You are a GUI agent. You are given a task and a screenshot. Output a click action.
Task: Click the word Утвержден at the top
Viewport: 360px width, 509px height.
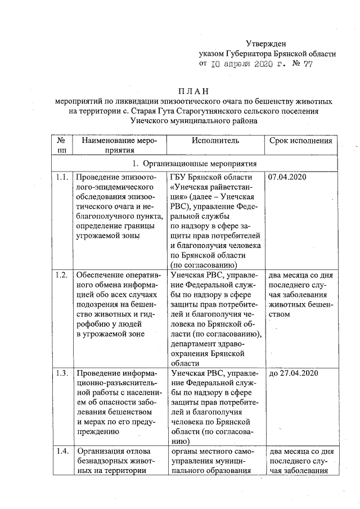[266, 43]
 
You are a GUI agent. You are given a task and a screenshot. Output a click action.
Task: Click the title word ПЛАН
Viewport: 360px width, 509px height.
[193, 91]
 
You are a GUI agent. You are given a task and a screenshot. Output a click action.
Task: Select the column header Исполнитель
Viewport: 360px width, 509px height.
[215, 141]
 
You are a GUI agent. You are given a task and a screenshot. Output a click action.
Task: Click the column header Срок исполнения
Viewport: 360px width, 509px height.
[300, 141]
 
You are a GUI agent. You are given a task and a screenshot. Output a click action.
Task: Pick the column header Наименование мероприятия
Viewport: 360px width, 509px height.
[116, 145]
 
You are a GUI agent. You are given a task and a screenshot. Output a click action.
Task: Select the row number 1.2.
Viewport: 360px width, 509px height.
[62, 275]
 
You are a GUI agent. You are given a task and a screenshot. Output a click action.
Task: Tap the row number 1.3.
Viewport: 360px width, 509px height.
[62, 373]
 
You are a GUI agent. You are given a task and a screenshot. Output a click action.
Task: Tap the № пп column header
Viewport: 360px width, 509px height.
[62, 145]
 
